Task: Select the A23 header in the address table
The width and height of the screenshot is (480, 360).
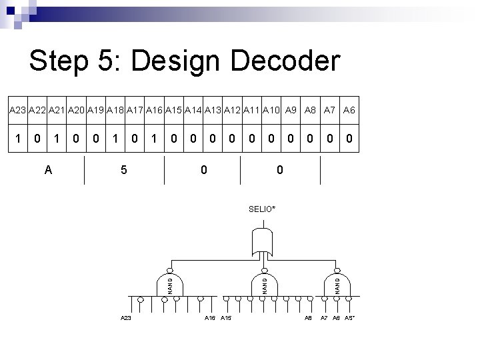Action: click(x=18, y=109)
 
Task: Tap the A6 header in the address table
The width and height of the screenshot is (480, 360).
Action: click(x=349, y=109)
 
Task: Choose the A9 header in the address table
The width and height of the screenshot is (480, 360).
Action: click(x=290, y=109)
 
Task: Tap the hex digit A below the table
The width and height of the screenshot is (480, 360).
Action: click(x=48, y=170)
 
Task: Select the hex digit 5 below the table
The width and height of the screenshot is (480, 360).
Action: click(x=124, y=170)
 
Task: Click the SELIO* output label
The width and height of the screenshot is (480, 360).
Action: click(x=262, y=209)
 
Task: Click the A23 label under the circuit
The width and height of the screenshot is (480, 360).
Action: click(x=126, y=319)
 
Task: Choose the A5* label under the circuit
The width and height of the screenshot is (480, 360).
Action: click(x=349, y=319)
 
